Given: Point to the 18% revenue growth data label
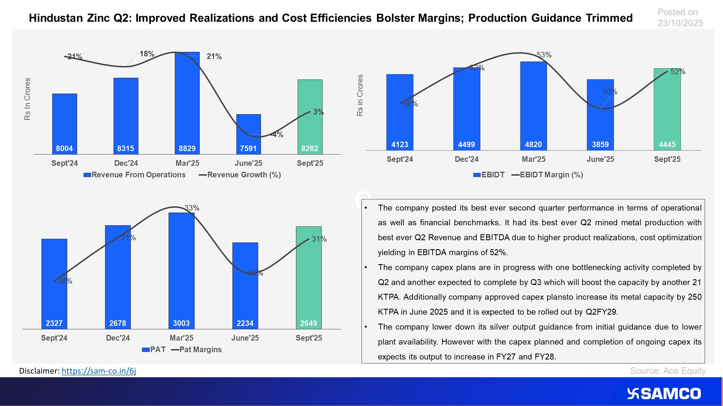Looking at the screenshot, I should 147,54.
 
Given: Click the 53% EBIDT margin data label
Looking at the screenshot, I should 544,55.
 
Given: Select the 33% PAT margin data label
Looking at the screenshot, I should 192,208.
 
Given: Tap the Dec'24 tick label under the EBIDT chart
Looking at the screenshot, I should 467,159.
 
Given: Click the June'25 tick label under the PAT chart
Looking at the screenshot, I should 245,338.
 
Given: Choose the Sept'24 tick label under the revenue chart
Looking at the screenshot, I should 64,163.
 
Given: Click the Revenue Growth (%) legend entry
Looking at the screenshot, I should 240,175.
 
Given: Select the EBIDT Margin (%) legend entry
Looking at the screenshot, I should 547,175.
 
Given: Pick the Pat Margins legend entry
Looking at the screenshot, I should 197,350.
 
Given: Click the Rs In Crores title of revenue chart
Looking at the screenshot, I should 27,99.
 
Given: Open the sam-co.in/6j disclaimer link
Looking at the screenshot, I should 99,371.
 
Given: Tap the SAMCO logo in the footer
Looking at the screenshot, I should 664,394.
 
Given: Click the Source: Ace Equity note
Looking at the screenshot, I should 668,371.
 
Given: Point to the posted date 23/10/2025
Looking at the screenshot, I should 680,23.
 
